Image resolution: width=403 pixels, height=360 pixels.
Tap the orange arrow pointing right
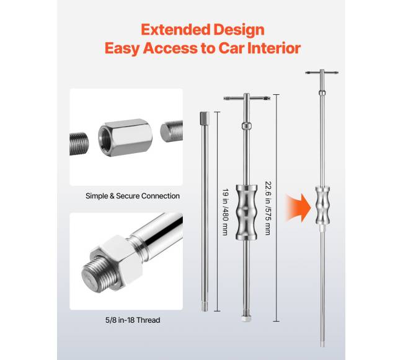(x=298, y=208)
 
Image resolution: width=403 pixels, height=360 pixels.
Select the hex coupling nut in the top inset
(x=125, y=138)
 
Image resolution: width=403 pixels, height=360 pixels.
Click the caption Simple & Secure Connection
(x=133, y=196)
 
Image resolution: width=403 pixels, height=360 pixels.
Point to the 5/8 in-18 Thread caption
(x=133, y=320)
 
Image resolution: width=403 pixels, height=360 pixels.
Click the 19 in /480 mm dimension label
(x=226, y=212)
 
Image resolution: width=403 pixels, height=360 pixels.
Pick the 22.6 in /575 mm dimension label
(x=268, y=208)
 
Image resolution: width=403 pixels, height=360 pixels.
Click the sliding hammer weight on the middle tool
(x=247, y=212)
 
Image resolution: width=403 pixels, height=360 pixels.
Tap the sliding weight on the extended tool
(x=322, y=206)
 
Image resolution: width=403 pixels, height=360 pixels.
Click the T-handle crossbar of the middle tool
(x=247, y=98)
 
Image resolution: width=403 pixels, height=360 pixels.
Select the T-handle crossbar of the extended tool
(x=322, y=72)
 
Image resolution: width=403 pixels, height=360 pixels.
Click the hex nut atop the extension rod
(x=205, y=117)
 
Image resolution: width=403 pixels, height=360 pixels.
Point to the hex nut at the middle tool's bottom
(x=246, y=318)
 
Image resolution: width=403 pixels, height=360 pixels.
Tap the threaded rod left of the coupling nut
(x=79, y=144)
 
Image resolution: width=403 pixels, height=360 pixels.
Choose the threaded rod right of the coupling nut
(x=172, y=131)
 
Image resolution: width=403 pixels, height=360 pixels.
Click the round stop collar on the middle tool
(x=247, y=126)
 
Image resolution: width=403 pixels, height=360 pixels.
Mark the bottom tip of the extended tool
(x=322, y=346)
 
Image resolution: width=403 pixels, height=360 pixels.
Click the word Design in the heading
(x=239, y=30)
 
